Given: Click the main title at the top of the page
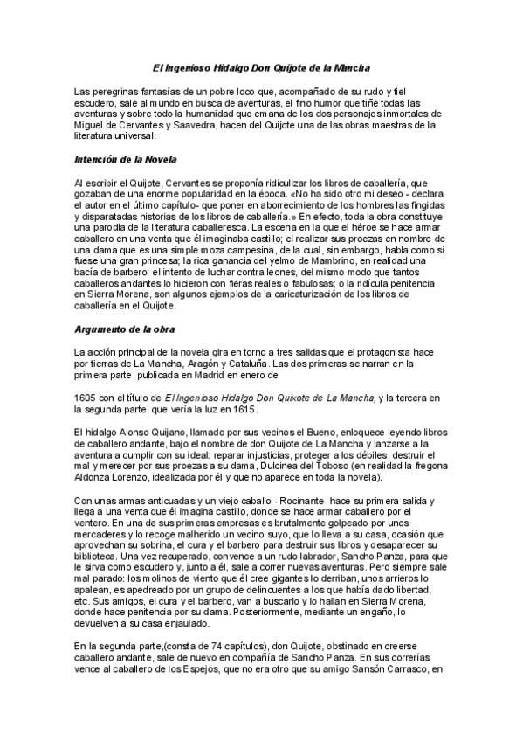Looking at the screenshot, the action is pyautogui.click(x=261, y=67).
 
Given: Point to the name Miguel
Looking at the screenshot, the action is pyautogui.click(x=89, y=124).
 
